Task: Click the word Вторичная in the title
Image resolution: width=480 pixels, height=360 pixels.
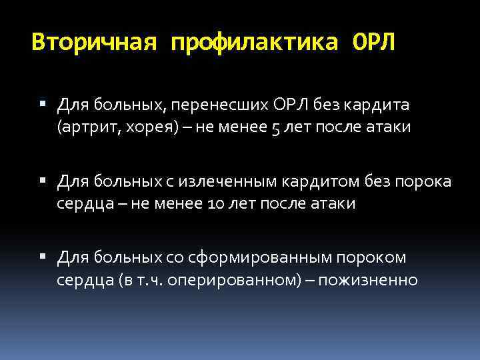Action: click(x=94, y=43)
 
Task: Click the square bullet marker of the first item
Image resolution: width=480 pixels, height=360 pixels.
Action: click(x=43, y=105)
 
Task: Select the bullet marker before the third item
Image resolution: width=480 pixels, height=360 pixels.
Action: click(x=43, y=257)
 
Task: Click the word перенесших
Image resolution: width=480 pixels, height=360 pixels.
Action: click(x=225, y=105)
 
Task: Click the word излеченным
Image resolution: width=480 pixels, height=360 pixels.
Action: click(x=235, y=181)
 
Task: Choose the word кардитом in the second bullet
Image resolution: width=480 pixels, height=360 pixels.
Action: click(x=327, y=181)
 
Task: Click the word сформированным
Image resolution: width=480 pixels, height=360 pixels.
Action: click(x=253, y=257)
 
